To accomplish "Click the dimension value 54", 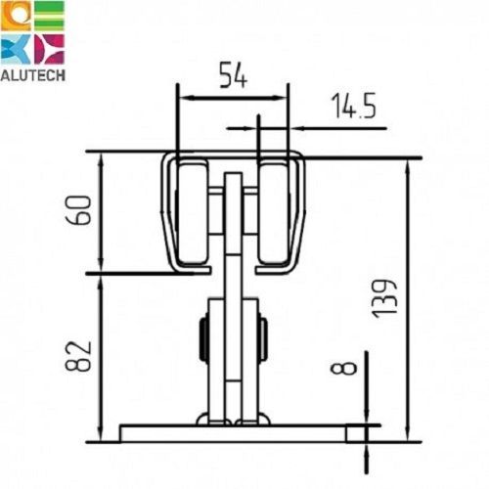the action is tap(234, 75).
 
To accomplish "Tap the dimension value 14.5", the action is tap(354, 106).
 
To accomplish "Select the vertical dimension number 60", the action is tap(78, 210).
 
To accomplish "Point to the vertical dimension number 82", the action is tap(78, 357).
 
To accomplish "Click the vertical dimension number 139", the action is tap(385, 298).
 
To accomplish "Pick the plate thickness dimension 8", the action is tap(343, 368).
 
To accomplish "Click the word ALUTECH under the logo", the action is tap(32, 75).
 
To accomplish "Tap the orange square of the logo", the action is tap(16, 16).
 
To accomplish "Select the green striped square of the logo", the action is tap(49, 16).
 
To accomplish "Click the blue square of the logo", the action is tap(16, 49).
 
